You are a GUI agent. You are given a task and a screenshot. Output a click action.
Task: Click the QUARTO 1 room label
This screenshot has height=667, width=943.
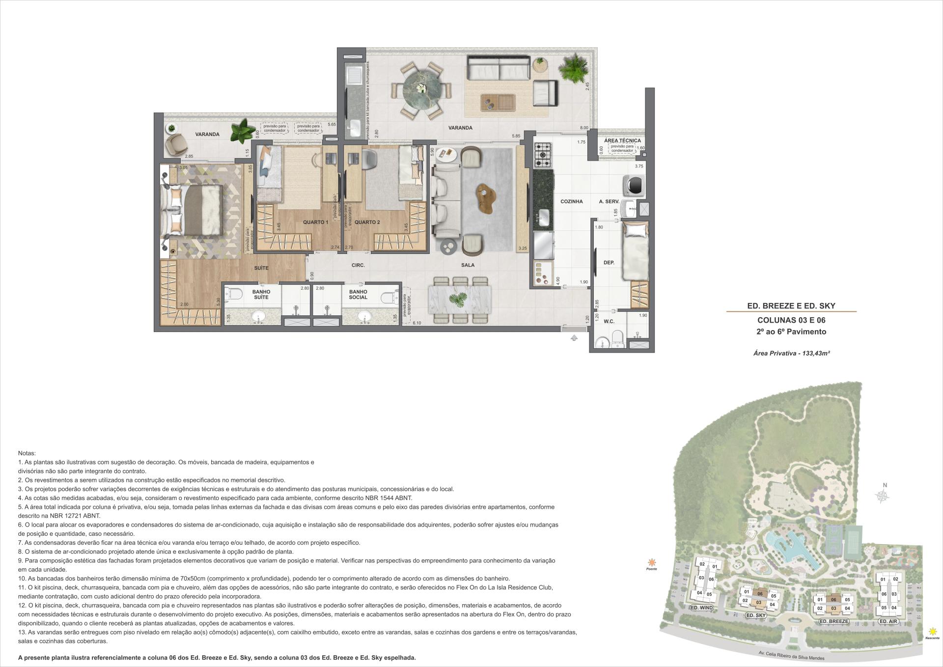click(315, 222)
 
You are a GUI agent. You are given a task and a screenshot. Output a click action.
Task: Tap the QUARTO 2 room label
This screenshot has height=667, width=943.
click(367, 222)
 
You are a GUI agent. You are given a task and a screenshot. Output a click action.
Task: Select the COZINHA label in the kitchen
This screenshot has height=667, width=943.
click(571, 201)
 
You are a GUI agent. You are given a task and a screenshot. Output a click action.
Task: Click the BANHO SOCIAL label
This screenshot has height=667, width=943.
click(358, 294)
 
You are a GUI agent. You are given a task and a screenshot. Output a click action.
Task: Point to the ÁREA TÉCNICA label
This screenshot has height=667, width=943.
click(622, 140)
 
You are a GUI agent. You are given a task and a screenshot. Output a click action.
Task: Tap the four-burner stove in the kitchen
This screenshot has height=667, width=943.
click(543, 155)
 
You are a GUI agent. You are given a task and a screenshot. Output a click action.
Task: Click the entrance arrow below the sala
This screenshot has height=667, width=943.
click(574, 338)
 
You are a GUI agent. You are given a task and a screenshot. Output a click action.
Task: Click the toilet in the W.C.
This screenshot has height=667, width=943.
click(618, 338)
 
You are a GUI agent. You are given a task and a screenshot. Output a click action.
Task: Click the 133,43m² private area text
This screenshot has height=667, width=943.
click(791, 353)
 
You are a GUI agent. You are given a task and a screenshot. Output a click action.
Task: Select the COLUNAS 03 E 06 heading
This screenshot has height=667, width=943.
click(791, 320)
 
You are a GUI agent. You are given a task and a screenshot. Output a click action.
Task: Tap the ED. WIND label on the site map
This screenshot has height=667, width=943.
click(701, 608)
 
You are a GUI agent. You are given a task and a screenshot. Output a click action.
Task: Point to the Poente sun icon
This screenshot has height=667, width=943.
click(651, 562)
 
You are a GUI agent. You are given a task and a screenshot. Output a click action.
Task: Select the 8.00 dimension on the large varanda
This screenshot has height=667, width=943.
click(583, 128)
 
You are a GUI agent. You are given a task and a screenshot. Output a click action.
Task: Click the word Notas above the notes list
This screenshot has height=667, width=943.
click(27, 453)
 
